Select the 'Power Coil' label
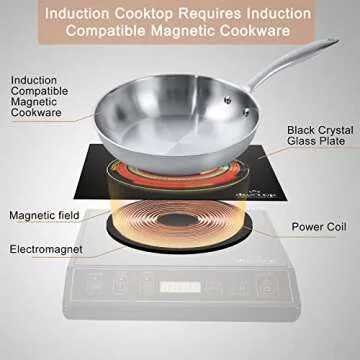point(317,225)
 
